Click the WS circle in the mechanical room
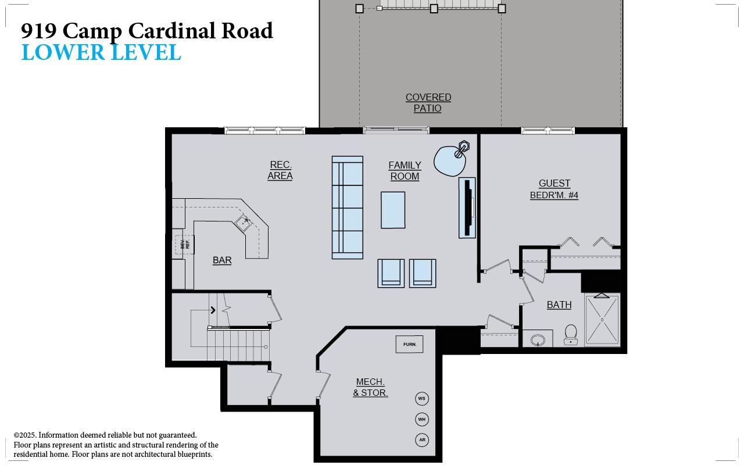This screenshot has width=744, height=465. point(422,399)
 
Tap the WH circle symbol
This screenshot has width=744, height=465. point(422,419)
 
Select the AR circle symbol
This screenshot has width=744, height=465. point(422,440)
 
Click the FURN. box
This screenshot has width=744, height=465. point(409,344)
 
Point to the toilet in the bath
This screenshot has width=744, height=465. point(571,334)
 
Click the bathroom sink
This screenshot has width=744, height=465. point(538,339)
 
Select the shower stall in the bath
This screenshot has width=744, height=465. point(602,320)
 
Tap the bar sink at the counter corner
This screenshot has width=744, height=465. point(244,223)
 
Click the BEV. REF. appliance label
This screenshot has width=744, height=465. point(185,245)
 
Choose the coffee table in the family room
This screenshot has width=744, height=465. point(393,210)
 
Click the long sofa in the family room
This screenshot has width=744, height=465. point(347,207)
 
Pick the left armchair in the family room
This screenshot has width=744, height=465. point(391,273)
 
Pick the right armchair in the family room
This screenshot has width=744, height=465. point(423,273)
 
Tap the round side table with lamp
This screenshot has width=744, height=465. point(450,160)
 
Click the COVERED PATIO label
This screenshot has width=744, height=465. point(428,103)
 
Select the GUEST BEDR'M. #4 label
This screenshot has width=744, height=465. point(554,189)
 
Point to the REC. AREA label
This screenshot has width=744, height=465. point(280,170)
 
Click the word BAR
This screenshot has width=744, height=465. point(222,260)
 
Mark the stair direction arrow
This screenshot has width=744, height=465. point(213,310)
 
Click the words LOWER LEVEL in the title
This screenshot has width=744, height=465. point(101,52)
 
